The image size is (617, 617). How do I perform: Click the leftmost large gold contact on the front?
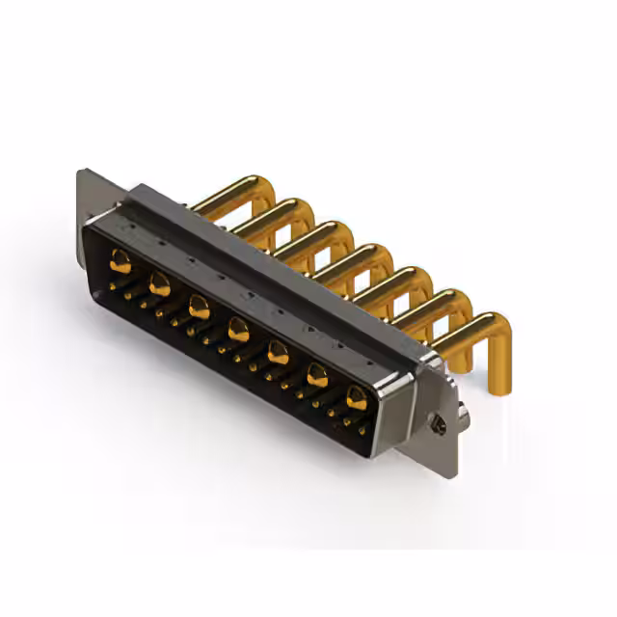click(121, 259)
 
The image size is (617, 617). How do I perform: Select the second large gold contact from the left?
click(160, 283)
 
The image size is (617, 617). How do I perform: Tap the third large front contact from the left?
click(200, 308)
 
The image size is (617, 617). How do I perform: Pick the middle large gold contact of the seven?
click(238, 331)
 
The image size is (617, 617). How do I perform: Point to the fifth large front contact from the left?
click(278, 353)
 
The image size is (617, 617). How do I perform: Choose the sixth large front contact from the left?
click(317, 375)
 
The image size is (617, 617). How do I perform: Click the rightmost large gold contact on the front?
click(357, 396)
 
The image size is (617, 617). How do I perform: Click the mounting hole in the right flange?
click(437, 420)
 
